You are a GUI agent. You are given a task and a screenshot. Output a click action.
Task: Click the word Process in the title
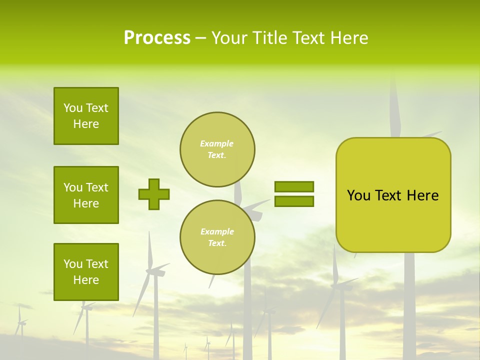pos(157,38)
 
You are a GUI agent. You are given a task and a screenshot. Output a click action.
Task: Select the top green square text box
pos(86,116)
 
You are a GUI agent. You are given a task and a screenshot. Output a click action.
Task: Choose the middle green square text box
pos(86,195)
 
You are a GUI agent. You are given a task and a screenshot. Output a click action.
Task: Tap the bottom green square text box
pos(86,272)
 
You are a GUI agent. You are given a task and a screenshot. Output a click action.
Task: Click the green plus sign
pos(154,194)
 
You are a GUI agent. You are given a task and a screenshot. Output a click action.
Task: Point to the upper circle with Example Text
pos(217,149)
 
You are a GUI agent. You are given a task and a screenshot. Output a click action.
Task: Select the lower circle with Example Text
pos(217,237)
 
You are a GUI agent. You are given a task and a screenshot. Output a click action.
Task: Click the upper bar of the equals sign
pos(294,186)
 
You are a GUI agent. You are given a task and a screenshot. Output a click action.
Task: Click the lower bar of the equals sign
pos(294,201)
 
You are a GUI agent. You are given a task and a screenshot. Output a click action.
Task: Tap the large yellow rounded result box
pos(393,220)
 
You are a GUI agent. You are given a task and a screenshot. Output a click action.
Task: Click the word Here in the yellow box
pos(422,195)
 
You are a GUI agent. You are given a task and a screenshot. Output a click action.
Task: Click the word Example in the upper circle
pos(216,143)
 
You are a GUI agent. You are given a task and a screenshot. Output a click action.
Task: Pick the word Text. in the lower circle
pos(217,243)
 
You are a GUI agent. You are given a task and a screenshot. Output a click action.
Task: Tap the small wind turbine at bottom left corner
pos(20,322)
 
